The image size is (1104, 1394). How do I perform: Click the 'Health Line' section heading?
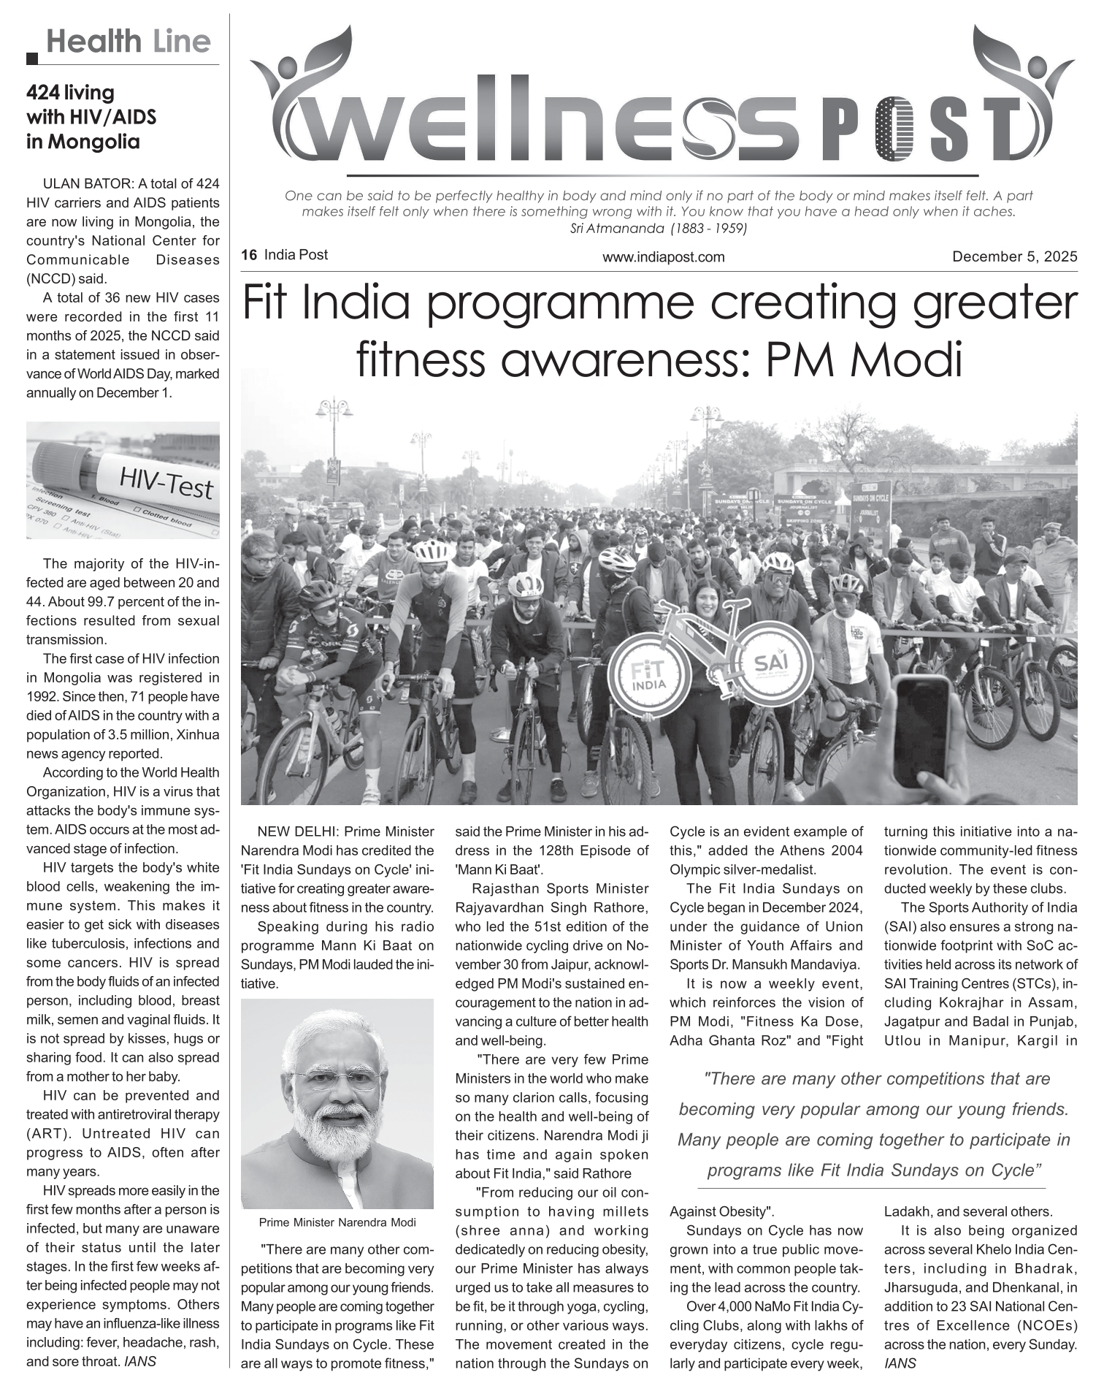point(128,42)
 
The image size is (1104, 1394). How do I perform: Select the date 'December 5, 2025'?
point(1014,256)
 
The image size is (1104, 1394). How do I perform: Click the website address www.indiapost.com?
point(663,257)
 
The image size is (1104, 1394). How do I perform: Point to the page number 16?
point(249,255)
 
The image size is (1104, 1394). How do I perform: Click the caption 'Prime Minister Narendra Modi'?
point(337,1222)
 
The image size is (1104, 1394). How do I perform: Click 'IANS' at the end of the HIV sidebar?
point(139,1361)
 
